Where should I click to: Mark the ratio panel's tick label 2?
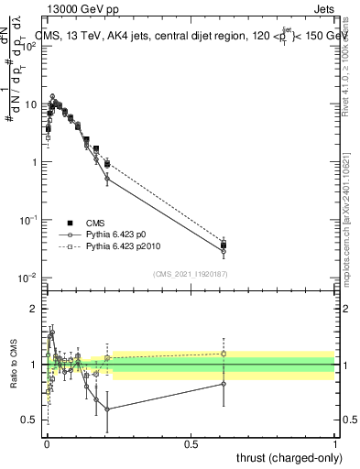(x=34, y=310)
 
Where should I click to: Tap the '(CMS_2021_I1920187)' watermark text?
(x=191, y=273)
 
